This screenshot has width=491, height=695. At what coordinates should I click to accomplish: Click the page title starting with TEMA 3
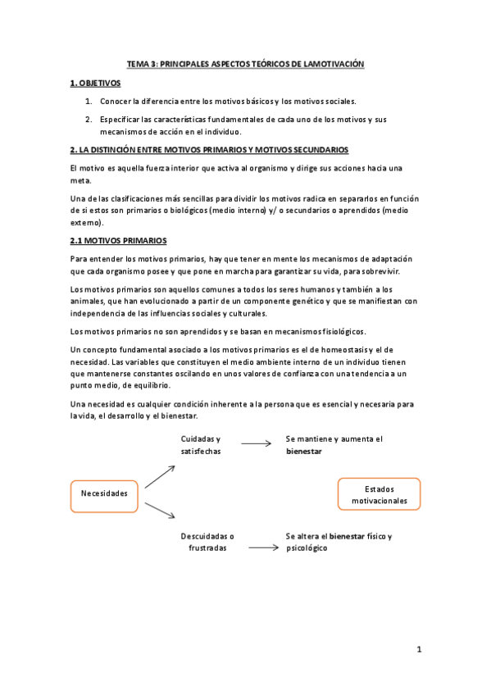tap(245, 63)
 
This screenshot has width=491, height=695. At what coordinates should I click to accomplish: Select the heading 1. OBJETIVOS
tap(95, 83)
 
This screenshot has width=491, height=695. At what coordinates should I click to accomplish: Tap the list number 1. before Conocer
tap(89, 102)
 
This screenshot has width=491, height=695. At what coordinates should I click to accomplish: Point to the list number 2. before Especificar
tap(89, 120)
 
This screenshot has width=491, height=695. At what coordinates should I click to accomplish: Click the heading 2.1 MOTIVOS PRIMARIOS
tap(119, 240)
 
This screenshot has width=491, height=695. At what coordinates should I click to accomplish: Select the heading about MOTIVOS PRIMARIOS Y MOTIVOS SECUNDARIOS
tap(209, 150)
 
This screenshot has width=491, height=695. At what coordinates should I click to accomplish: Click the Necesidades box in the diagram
tap(104, 493)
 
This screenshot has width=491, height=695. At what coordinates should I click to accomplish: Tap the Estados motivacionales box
tap(379, 493)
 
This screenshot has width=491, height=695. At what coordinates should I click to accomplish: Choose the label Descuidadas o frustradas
tap(207, 542)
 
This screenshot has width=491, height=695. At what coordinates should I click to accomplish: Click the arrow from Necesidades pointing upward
tap(160, 476)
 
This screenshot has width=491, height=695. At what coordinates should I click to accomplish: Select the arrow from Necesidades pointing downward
tap(160, 511)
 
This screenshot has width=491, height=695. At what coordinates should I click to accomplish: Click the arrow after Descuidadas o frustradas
tap(263, 547)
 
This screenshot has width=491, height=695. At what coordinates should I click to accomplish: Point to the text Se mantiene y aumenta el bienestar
tap(334, 445)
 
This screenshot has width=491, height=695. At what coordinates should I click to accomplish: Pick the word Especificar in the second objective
tap(123, 120)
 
